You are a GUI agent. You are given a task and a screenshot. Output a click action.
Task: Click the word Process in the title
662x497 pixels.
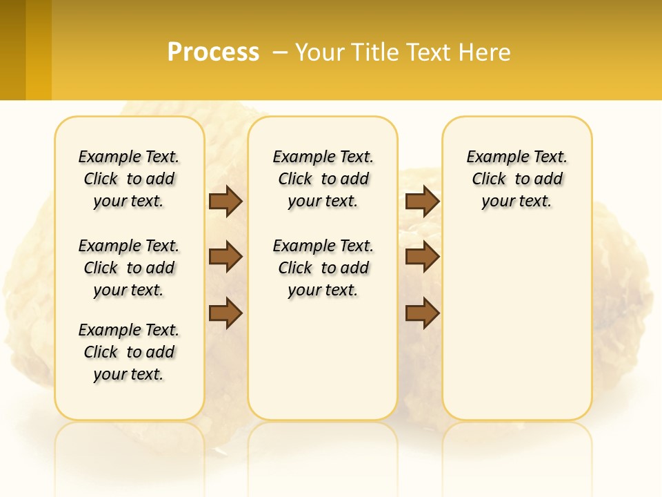213,52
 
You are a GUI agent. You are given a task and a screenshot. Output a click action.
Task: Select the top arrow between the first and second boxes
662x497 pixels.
225,201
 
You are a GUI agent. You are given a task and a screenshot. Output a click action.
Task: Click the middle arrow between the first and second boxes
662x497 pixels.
225,257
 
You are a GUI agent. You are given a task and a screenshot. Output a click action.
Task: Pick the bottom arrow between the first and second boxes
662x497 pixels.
225,313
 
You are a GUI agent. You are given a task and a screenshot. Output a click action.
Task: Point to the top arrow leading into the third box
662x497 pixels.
422,201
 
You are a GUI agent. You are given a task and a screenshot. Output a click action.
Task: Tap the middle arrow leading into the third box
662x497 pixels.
422,257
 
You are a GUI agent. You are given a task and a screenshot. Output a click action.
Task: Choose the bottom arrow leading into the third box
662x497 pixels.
422,313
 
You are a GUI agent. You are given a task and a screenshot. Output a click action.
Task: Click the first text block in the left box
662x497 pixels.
129,179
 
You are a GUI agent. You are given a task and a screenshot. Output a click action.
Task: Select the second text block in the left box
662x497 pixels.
129,268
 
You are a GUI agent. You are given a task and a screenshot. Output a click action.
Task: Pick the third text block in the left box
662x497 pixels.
129,352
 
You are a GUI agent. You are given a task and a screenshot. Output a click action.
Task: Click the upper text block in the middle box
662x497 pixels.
323,179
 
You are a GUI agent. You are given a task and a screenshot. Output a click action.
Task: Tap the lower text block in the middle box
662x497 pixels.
323,268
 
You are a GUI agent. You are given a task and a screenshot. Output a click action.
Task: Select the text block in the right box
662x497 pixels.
516,179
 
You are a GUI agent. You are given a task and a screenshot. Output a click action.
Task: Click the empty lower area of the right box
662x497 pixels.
516,324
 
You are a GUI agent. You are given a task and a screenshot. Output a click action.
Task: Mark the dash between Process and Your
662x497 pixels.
280,52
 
